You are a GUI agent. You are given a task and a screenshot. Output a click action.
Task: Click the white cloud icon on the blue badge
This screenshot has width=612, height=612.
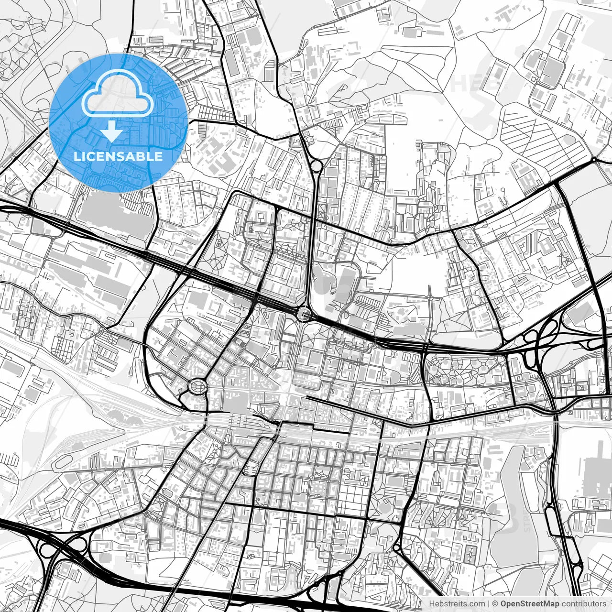[118, 94]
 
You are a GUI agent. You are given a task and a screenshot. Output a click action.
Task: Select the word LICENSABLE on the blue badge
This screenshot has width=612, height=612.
[118, 156]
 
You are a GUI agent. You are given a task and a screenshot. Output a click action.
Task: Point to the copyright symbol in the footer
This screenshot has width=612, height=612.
[495, 604]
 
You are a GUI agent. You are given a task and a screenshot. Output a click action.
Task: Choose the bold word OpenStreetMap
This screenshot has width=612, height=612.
[530, 604]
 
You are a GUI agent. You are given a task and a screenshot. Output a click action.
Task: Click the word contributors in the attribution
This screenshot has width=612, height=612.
[583, 604]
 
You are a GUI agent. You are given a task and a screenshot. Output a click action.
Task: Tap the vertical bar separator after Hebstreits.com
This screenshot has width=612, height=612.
[489, 604]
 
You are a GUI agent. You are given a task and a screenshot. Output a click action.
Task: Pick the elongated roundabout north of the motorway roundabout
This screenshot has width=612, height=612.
[316, 166]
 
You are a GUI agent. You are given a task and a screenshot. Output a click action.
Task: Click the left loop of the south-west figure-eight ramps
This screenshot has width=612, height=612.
[46, 550]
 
